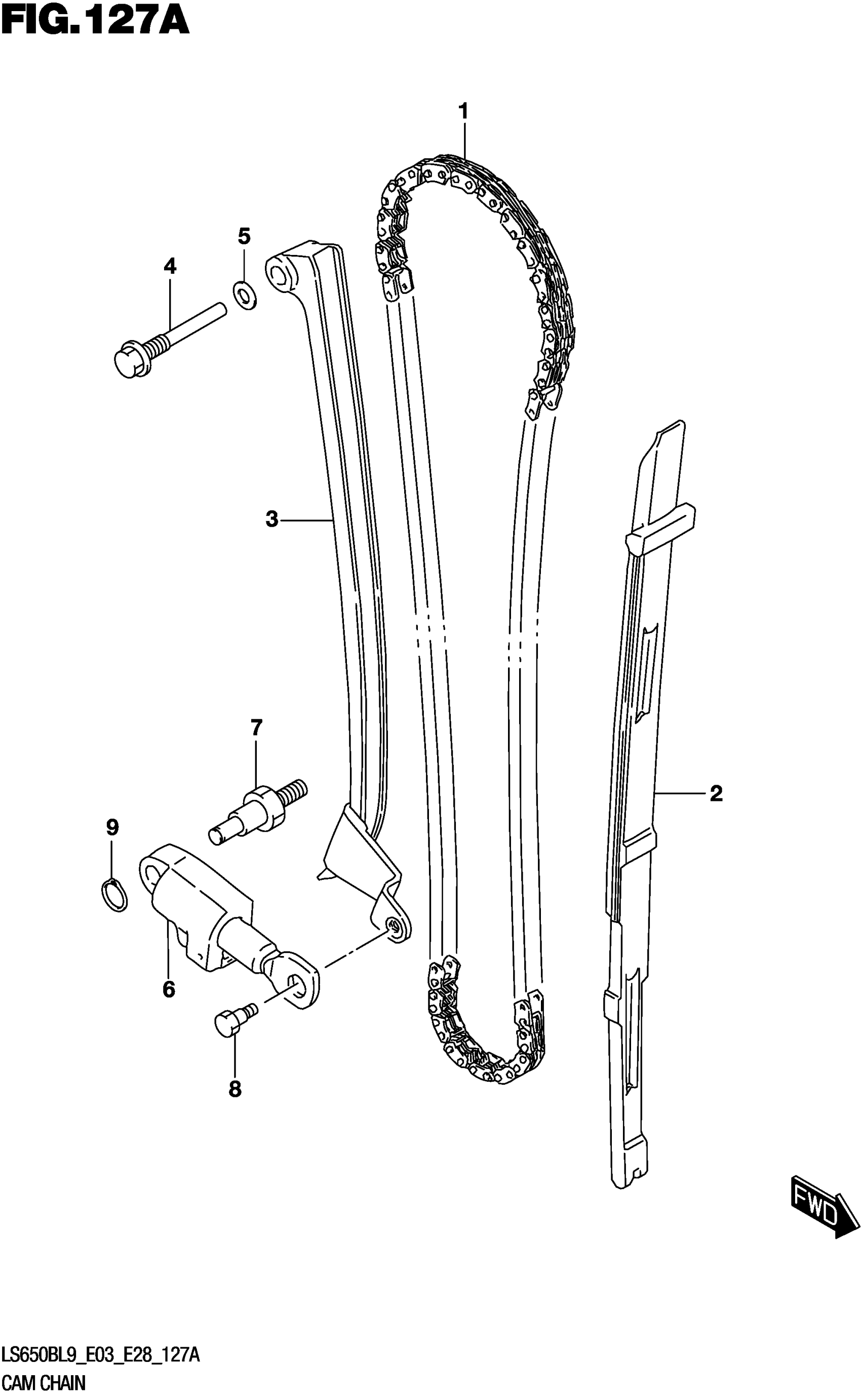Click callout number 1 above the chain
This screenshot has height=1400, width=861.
(x=463, y=111)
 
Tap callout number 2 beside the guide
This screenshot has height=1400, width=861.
(x=716, y=793)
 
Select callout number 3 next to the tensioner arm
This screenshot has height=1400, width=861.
(x=271, y=519)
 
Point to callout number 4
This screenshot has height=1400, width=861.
(x=170, y=266)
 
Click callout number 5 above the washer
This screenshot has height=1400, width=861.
(x=244, y=235)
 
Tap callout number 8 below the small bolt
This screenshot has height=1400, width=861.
(x=234, y=1089)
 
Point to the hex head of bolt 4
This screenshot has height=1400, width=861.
(x=130, y=361)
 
